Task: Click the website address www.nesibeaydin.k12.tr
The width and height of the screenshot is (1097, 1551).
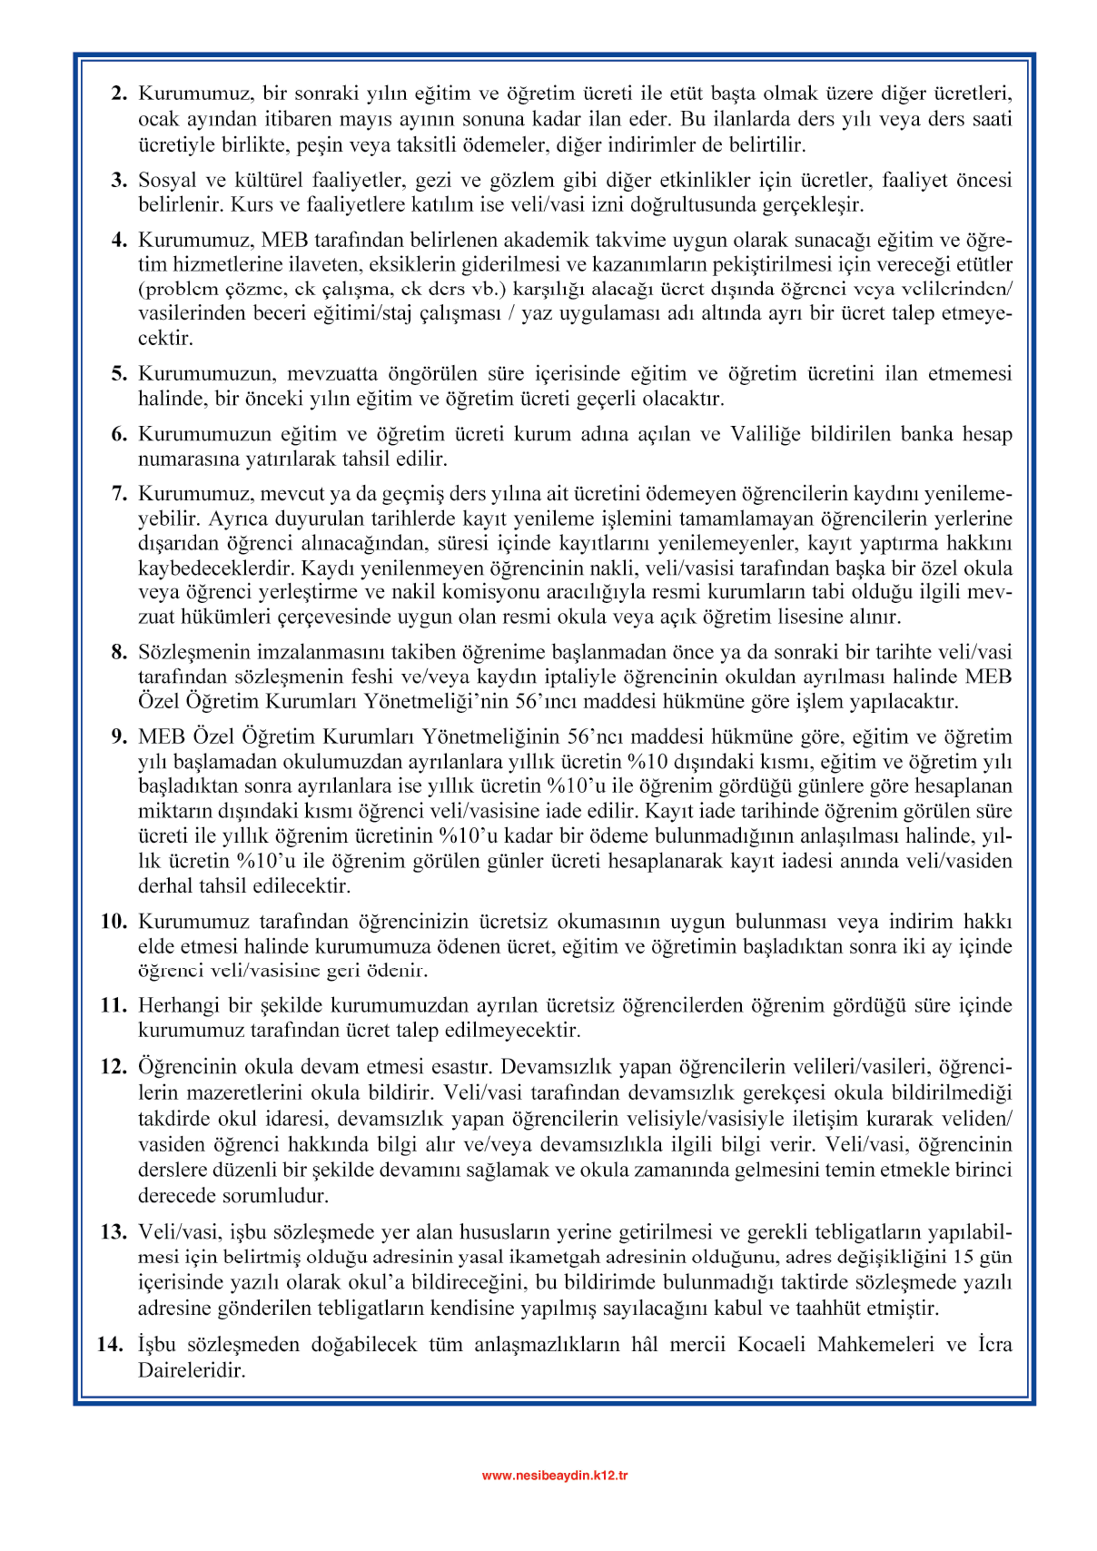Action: click(554, 1476)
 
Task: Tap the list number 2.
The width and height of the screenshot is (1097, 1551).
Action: click(119, 94)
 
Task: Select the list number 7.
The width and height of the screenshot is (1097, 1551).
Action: click(119, 494)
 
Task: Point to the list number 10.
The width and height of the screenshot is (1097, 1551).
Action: click(114, 922)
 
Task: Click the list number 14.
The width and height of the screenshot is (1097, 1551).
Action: click(111, 1345)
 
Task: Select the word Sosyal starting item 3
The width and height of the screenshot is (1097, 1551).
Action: click(167, 180)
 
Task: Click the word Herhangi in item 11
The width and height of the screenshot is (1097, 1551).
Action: click(176, 1006)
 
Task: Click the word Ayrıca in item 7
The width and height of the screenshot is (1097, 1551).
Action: click(238, 519)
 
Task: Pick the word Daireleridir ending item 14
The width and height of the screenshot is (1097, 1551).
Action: click(192, 1370)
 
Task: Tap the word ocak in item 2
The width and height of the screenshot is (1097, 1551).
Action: click(158, 119)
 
